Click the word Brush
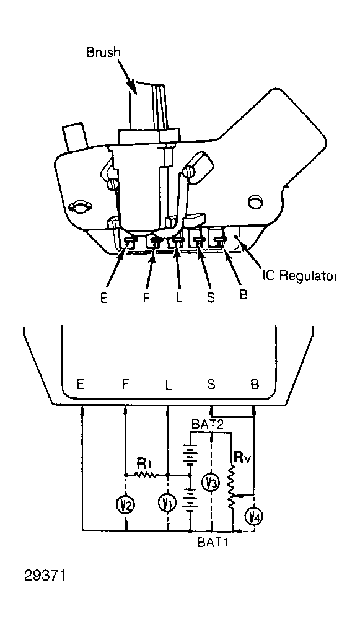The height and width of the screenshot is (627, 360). coord(103,53)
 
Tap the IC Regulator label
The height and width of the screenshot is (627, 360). coord(300,276)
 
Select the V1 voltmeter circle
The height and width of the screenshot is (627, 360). coord(167,503)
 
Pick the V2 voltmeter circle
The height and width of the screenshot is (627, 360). coord(126,505)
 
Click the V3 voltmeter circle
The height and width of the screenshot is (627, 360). coord(211,483)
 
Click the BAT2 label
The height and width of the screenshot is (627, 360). coord(207,424)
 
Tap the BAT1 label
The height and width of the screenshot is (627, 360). coord(213,543)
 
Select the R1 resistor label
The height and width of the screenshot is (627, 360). coord(143,463)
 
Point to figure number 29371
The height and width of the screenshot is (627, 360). coord(45,576)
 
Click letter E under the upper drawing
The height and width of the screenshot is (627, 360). coord(104,298)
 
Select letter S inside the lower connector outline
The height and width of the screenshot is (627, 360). coord(211,384)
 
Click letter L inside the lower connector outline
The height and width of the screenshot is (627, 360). coord(169,385)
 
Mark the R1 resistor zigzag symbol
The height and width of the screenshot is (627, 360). coord(146,475)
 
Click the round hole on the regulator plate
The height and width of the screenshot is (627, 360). coord(255,203)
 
